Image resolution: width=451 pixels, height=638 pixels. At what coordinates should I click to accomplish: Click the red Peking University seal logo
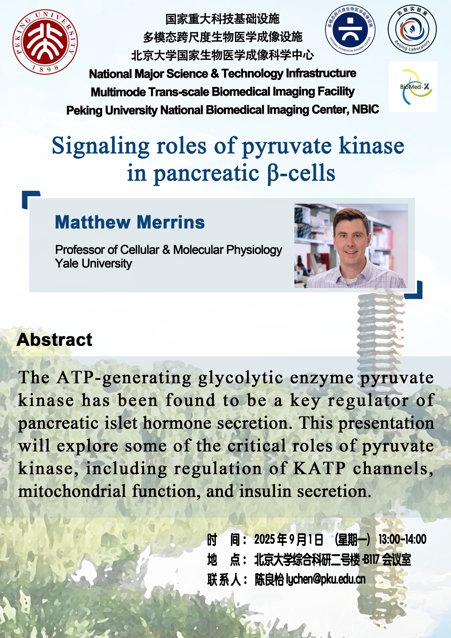point(45,42)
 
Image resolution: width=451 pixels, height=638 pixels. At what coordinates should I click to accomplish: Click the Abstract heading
point(54,340)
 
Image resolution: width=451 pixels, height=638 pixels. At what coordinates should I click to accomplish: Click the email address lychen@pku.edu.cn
point(326,579)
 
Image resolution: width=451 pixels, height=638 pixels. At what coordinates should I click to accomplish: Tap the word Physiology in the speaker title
point(254,250)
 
